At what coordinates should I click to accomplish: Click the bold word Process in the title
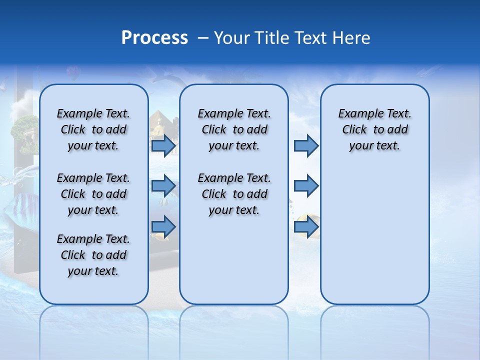coord(154,37)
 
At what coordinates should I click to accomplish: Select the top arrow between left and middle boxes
coord(163,146)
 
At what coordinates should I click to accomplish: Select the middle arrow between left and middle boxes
coord(163,185)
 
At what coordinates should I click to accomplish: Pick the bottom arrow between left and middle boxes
coord(163,227)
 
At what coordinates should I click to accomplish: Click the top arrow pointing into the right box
coord(306,146)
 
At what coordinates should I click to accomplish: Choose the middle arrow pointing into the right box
coord(306,186)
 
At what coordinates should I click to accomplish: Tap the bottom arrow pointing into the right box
coord(306,227)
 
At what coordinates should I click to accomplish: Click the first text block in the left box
coord(93,129)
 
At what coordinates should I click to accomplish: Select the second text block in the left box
coord(93,194)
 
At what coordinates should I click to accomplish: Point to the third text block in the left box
coord(93,255)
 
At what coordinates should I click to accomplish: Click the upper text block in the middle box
coord(234,129)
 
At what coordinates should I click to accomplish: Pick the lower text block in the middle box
coord(234,194)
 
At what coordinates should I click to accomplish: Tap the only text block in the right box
coord(374,129)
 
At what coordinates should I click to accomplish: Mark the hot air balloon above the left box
coord(73,73)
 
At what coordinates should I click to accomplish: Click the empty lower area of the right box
coord(374,240)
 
